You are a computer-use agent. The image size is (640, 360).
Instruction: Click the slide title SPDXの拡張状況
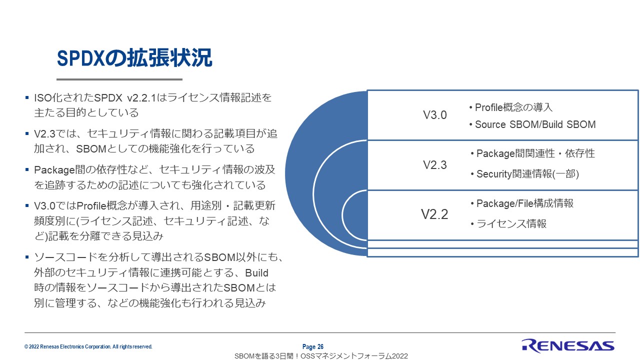[134, 58]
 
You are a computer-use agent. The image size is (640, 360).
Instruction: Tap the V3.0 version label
[434, 115]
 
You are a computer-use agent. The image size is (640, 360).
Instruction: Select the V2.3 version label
[434, 165]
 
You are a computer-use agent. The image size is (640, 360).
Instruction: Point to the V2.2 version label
[434, 214]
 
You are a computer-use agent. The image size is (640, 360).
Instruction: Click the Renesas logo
[567, 345]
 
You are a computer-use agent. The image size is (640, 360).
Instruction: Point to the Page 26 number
[313, 346]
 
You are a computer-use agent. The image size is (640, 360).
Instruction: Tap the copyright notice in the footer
[88, 346]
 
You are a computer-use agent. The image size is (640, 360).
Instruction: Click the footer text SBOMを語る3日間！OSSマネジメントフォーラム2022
[321, 356]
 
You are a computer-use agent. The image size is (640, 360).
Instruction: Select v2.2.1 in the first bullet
[141, 98]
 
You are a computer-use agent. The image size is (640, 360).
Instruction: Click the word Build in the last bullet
[256, 273]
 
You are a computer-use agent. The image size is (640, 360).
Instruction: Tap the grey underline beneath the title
[119, 79]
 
